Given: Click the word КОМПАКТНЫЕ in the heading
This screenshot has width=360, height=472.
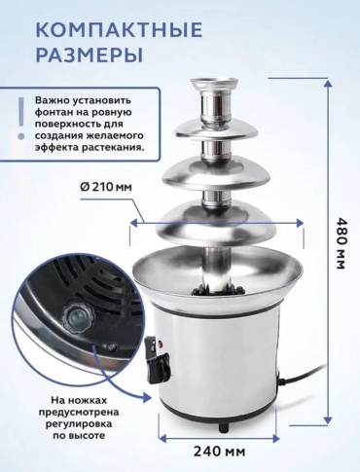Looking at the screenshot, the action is click(119, 29).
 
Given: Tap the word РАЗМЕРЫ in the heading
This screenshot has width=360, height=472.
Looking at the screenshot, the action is click(90, 54).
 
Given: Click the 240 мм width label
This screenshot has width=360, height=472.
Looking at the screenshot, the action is click(219, 452).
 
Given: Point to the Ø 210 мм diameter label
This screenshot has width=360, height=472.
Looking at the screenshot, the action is click(105, 187).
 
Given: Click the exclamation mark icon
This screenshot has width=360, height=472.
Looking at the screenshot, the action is click(21, 118).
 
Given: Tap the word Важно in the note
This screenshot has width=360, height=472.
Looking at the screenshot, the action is click(51, 100).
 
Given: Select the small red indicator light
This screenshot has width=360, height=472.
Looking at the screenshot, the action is click(160, 344).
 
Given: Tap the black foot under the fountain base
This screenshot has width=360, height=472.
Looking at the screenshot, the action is click(224, 426).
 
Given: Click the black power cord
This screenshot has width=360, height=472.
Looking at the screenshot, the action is click(304, 376).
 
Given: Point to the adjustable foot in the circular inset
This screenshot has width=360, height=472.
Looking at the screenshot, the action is click(75, 315).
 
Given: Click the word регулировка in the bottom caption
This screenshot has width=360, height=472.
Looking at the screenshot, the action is click(79, 423).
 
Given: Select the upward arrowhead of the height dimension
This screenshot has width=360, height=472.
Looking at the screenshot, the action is click(328, 84).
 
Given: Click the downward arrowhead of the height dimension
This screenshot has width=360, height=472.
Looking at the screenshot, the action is click(328, 418).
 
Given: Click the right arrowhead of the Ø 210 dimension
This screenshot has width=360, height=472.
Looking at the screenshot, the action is click(300, 223).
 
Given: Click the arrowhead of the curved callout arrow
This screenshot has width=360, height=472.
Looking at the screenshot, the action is click(148, 396).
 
